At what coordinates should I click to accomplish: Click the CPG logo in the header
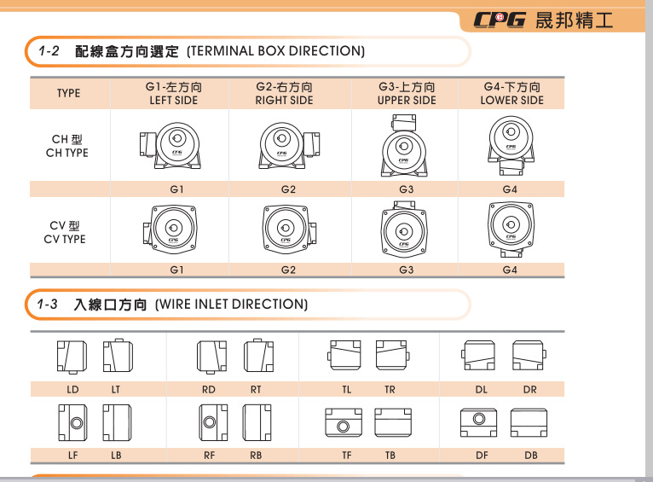(x=500, y=20)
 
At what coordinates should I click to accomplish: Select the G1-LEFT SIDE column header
(x=174, y=93)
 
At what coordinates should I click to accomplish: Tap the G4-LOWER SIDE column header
(x=511, y=93)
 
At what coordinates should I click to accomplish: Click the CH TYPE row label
(x=67, y=146)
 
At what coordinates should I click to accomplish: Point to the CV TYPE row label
(x=65, y=232)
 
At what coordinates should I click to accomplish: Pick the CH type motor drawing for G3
(x=404, y=145)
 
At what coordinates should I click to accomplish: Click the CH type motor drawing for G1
(x=170, y=145)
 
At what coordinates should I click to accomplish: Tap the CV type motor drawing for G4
(x=511, y=229)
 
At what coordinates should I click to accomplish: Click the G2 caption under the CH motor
(x=288, y=189)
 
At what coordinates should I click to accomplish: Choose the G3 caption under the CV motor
(x=407, y=270)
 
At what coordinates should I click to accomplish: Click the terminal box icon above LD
(x=72, y=357)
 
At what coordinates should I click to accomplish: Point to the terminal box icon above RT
(x=258, y=355)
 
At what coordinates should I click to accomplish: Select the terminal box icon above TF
(x=344, y=422)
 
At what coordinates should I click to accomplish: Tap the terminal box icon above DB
(x=529, y=422)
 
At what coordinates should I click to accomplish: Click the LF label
(x=72, y=456)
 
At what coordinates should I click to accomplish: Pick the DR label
(x=529, y=390)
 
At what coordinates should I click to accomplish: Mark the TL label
(x=346, y=390)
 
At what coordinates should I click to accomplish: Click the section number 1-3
(x=47, y=304)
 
